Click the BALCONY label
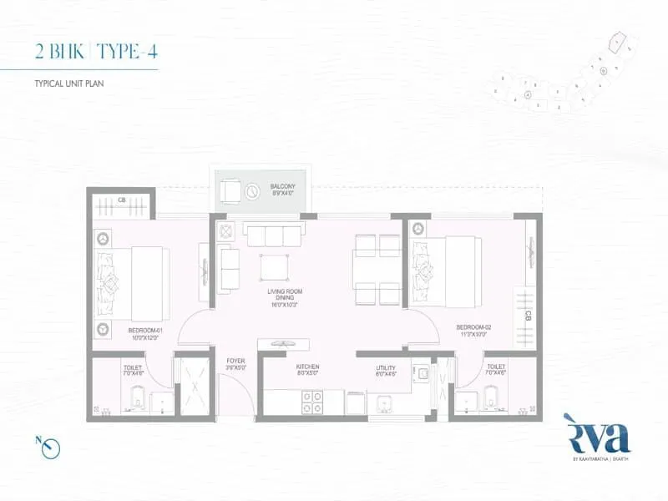(x=281, y=186)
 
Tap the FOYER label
(x=235, y=362)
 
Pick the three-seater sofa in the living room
(x=271, y=235)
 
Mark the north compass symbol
(x=51, y=448)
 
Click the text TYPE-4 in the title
(x=127, y=51)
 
